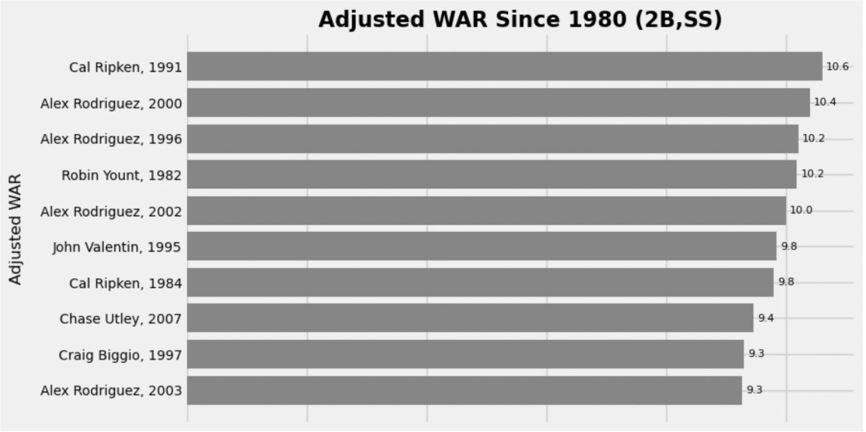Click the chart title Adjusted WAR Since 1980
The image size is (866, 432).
pyautogui.click(x=519, y=19)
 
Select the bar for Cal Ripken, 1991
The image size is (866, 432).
pyautogui.click(x=504, y=66)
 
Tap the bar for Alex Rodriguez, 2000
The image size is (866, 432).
pyautogui.click(x=498, y=103)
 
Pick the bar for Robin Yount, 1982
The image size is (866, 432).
pyautogui.click(x=491, y=174)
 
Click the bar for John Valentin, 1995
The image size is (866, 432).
pyautogui.click(x=481, y=246)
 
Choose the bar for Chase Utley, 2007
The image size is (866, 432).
pyautogui.click(x=470, y=318)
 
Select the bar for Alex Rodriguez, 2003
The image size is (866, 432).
pyautogui.click(x=464, y=390)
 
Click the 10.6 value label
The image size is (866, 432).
pyautogui.click(x=837, y=66)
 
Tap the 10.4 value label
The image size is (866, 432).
pyautogui.click(x=825, y=102)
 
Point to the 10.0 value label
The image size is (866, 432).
pyautogui.click(x=800, y=211)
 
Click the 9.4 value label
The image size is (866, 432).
pyautogui.click(x=766, y=318)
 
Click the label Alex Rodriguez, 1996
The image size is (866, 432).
pyautogui.click(x=111, y=139)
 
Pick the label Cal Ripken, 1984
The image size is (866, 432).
pyautogui.click(x=125, y=283)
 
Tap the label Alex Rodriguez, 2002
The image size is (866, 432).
pyautogui.click(x=111, y=211)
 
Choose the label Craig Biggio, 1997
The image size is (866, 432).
pyautogui.click(x=120, y=355)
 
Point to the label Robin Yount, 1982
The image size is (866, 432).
pyautogui.click(x=121, y=175)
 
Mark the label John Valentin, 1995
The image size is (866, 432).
pyautogui.click(x=117, y=247)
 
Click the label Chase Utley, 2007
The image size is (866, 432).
pyautogui.click(x=120, y=319)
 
